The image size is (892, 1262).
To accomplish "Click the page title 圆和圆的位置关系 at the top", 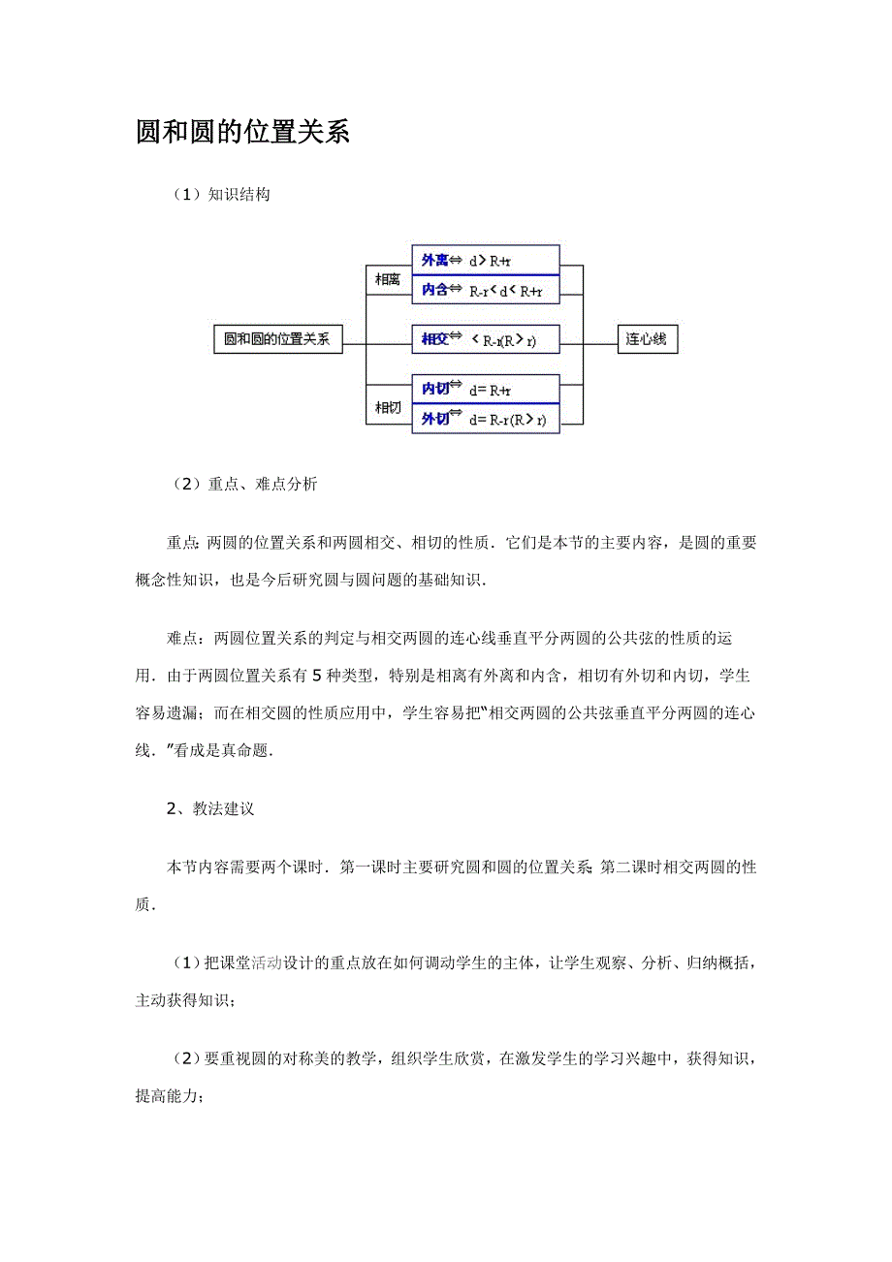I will pyautogui.click(x=242, y=133).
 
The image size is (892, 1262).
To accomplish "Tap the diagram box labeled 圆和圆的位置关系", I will pyautogui.click(x=277, y=339).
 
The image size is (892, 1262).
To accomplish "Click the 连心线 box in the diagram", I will pyautogui.click(x=647, y=339).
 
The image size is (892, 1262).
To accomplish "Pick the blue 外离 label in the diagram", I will pyautogui.click(x=435, y=261).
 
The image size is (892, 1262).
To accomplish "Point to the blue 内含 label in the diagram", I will pyautogui.click(x=435, y=289).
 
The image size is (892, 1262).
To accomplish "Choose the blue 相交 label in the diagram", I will pyautogui.click(x=435, y=339).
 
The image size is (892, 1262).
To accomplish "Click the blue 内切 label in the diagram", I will pyautogui.click(x=435, y=389).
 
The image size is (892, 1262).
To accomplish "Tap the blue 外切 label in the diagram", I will pyautogui.click(x=435, y=419).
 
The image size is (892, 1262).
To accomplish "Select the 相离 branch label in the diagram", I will pyautogui.click(x=388, y=279).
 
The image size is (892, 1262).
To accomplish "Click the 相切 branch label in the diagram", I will pyautogui.click(x=388, y=408).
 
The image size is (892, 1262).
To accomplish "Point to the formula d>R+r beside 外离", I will pyautogui.click(x=491, y=261).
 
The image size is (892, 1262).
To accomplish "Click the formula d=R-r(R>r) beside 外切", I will pyautogui.click(x=507, y=420).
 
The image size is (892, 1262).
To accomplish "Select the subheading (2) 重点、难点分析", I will pyautogui.click(x=243, y=485).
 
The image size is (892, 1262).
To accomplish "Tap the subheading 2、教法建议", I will pyautogui.click(x=210, y=808).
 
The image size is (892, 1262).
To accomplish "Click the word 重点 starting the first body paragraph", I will pyautogui.click(x=182, y=543).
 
